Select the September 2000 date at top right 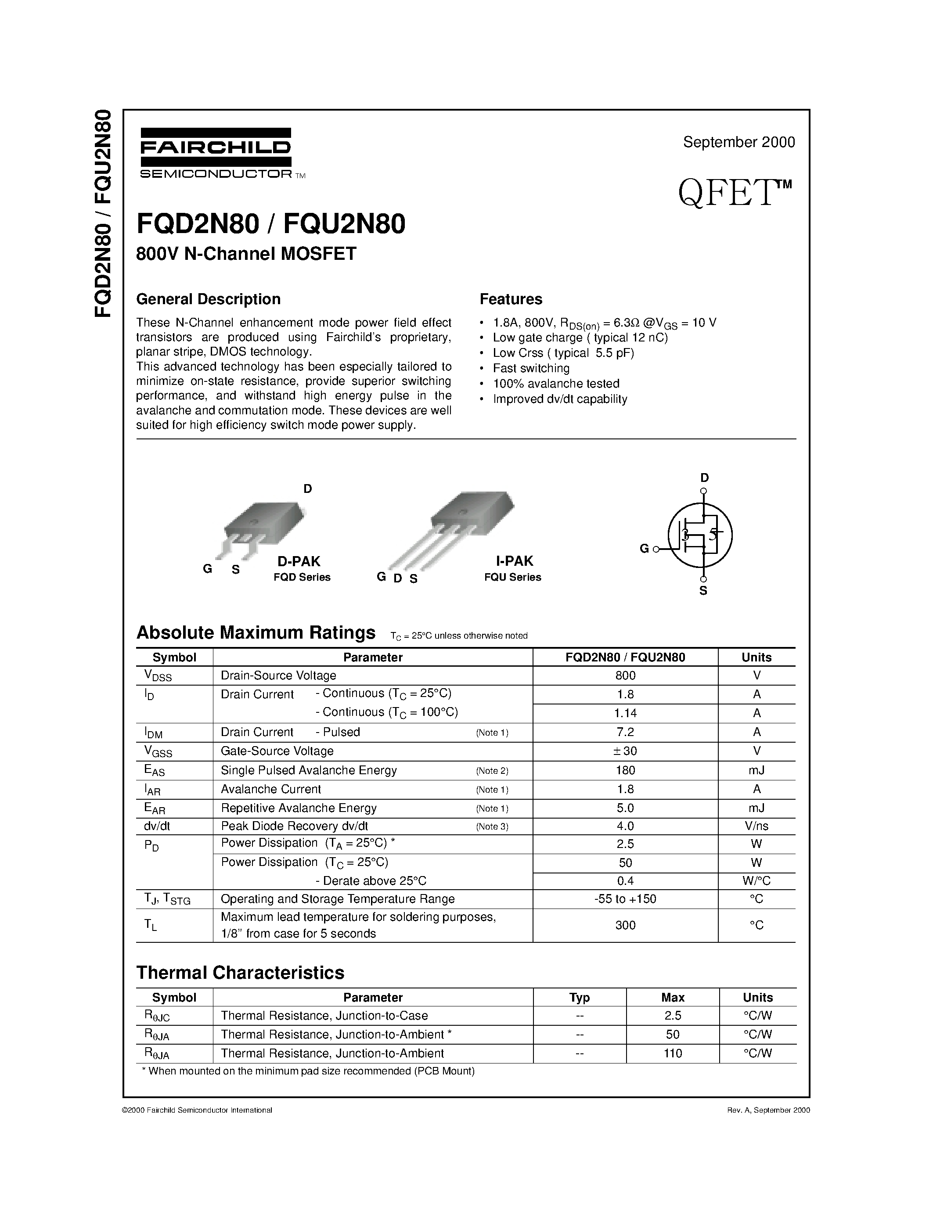coord(738,142)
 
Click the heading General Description coord(209,299)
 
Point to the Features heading coord(511,299)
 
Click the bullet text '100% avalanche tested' coord(556,384)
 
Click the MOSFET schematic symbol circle coord(700,535)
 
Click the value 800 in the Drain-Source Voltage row coord(625,675)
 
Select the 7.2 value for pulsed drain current coord(625,732)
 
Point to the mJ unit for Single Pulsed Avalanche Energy coord(756,770)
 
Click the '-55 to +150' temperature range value coord(625,899)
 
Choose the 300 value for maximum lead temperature coord(625,925)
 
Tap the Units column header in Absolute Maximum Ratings coord(756,657)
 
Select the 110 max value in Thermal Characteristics coord(673,1053)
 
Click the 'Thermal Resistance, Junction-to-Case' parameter coord(324,1016)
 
